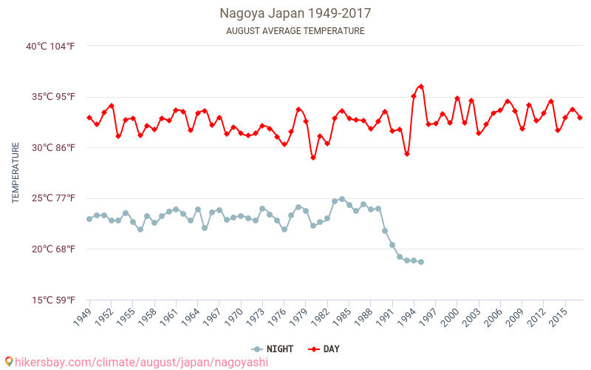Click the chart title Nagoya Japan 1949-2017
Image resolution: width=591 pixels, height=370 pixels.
click(295, 13)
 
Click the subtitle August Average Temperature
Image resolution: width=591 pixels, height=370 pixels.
click(295, 31)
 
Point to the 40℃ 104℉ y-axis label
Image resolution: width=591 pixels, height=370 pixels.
click(51, 46)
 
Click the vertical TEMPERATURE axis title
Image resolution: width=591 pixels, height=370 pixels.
click(16, 173)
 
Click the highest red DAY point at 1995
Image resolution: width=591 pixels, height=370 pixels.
click(421, 87)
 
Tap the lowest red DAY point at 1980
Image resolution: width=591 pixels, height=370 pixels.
click(313, 158)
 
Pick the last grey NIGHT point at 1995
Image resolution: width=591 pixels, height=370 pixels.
click(421, 262)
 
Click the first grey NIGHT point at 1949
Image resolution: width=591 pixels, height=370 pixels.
click(89, 219)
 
